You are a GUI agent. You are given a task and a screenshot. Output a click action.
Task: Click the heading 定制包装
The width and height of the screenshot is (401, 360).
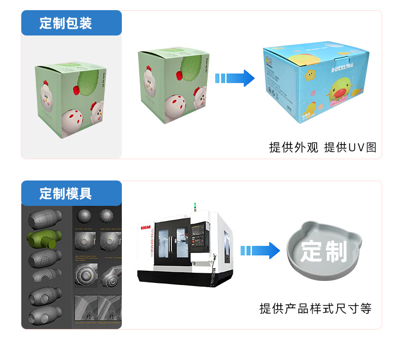coord(66,23)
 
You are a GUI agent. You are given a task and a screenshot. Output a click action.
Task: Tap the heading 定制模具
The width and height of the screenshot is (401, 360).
coord(66,193)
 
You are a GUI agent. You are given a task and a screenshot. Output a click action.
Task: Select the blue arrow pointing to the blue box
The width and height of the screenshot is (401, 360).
coord(235,78)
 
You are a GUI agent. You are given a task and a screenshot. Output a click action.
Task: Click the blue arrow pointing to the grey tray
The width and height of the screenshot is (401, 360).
coord(259,250)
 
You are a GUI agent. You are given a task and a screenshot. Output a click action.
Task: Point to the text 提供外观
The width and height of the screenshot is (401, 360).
coord(293,148)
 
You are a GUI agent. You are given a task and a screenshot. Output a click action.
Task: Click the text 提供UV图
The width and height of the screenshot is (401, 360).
coord(350,148)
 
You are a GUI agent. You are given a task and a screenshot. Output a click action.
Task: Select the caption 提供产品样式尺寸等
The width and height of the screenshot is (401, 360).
coord(315,308)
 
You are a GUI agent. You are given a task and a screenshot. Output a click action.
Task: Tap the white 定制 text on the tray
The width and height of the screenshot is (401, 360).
coord(323,251)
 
